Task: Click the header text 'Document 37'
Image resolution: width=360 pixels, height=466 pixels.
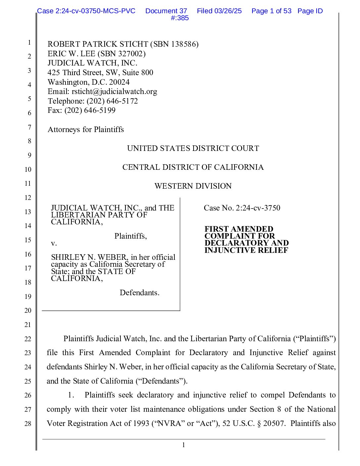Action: coord(166,11)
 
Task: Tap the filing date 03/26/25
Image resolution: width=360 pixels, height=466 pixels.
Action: coord(228,11)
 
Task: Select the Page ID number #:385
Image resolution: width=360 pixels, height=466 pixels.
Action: coord(180,18)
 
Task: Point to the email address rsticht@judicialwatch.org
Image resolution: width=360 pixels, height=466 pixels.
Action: coord(114,91)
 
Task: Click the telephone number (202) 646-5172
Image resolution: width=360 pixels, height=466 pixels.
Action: coord(112,101)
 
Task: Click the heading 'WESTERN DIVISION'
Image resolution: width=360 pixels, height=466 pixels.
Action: coord(193,186)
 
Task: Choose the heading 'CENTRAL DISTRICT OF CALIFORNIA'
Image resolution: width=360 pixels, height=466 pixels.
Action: coord(193,167)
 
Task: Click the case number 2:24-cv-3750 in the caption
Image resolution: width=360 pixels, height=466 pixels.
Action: coord(258,208)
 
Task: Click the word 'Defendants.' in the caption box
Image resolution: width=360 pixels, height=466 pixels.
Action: coord(139,293)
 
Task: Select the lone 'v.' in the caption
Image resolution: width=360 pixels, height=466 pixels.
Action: coord(54,243)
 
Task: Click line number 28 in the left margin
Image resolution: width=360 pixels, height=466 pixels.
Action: coord(28,423)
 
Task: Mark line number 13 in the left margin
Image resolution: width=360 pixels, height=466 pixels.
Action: coord(28,211)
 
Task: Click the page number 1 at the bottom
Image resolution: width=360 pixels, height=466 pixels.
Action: coord(184,445)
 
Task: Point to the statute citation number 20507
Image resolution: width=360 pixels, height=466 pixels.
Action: coord(273,423)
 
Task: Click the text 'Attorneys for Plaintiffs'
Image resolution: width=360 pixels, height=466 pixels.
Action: coord(86,129)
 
